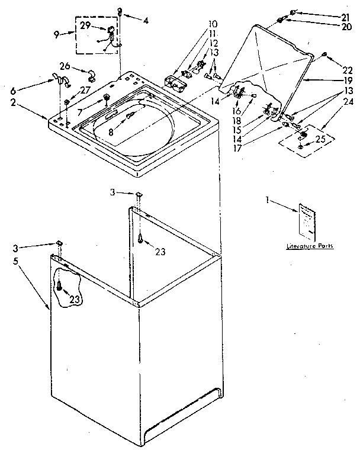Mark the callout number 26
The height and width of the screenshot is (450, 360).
tap(64, 66)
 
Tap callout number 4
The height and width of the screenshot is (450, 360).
tap(146, 20)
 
